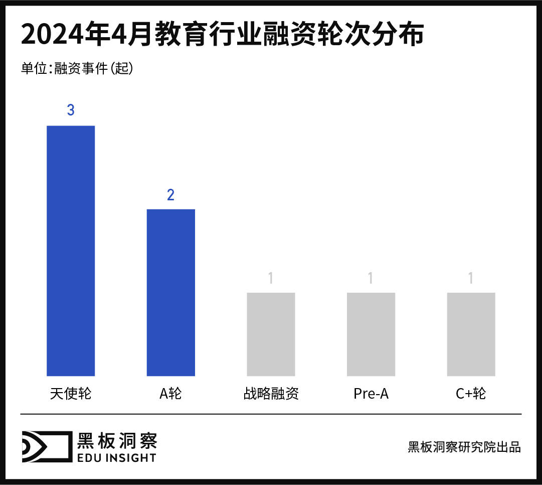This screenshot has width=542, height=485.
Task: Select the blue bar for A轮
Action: coord(170,292)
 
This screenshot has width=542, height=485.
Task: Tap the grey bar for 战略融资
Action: coord(271,334)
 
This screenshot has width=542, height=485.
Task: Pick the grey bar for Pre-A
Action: coord(371,334)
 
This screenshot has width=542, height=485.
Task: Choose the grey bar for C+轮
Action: coord(471,334)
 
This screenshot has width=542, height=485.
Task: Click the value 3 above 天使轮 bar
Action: coord(71,110)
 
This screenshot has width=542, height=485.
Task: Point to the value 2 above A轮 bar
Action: coord(170,195)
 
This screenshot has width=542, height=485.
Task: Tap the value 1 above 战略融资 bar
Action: coord(271,278)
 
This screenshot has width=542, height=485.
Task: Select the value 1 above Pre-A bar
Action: coord(371,278)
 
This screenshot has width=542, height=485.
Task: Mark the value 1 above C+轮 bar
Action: coord(471,278)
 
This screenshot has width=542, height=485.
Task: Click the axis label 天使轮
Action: coord(71,394)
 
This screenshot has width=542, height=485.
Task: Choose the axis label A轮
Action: coord(170,394)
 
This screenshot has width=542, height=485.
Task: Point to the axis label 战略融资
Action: coord(271,394)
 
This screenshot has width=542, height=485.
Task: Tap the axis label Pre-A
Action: coord(371,394)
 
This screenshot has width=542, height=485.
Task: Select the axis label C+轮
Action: coord(471,394)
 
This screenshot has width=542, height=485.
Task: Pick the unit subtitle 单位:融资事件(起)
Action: coord(77,69)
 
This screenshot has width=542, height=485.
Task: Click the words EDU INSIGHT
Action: coord(116,457)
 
